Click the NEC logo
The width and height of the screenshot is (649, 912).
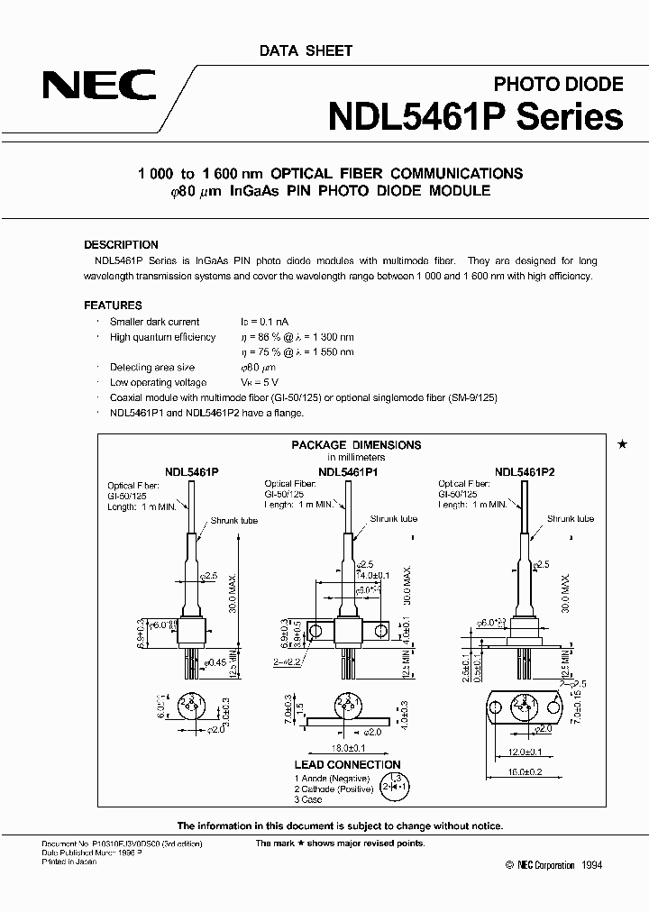[99, 87]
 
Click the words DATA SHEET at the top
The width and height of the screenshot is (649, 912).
[306, 50]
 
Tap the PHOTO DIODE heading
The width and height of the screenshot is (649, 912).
[558, 85]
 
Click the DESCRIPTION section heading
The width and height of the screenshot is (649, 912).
[121, 244]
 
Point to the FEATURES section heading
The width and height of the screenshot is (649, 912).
[113, 306]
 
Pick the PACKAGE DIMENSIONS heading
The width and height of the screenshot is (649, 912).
[356, 444]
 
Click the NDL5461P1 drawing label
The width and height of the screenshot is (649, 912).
[347, 470]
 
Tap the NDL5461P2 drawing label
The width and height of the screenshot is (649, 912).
[525, 470]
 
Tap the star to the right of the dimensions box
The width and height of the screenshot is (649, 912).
[620, 445]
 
